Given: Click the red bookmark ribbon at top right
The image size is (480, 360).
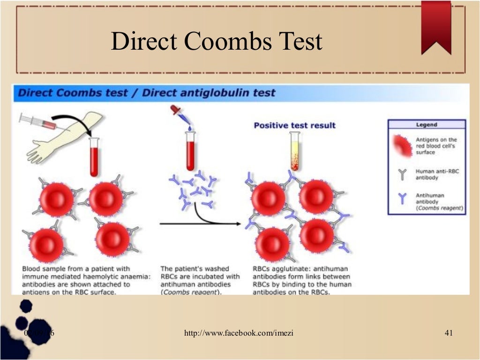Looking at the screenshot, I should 436,26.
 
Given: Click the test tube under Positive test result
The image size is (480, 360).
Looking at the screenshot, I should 295,151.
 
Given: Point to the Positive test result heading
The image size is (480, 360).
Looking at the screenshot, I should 294,125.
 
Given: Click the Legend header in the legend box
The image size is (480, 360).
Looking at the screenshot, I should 426,125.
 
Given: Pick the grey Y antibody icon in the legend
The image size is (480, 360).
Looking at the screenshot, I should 401,175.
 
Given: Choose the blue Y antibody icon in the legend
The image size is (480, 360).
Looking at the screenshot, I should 401,199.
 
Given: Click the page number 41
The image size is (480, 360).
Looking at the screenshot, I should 448,333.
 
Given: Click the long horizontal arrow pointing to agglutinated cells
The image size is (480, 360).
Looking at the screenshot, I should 202,224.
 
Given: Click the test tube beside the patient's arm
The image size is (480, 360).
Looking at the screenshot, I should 94,157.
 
